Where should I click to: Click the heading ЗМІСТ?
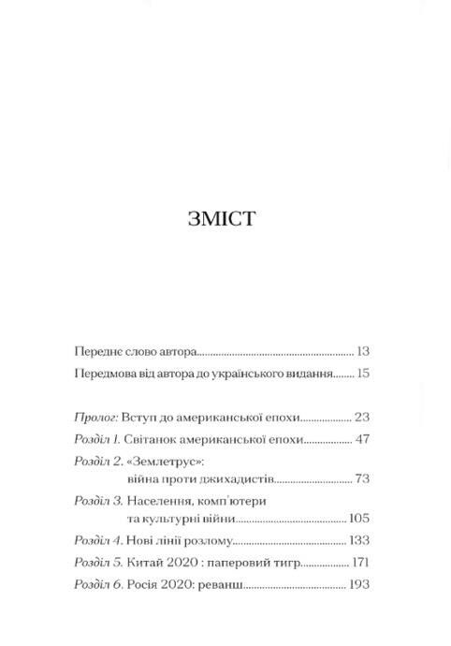[222, 219]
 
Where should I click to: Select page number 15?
[363, 373]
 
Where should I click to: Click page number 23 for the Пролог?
[362, 417]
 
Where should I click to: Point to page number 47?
[362, 438]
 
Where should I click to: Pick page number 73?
[362, 478]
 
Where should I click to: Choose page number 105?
[359, 518]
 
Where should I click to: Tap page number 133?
[359, 540]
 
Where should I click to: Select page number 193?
[359, 583]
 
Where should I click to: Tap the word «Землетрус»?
[165, 462]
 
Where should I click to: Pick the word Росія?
[145, 583]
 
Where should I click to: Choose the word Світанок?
[154, 438]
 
